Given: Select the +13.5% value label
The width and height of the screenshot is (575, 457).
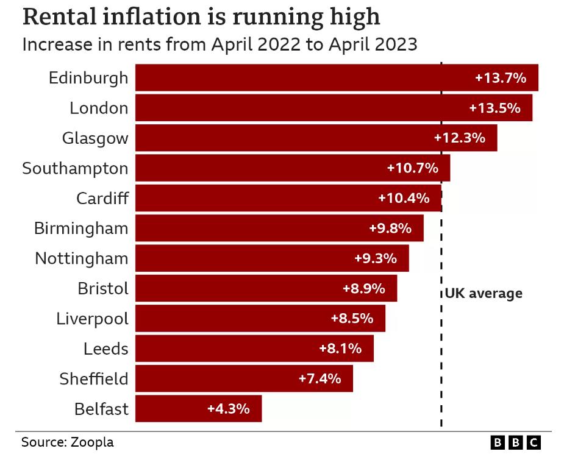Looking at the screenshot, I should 495,108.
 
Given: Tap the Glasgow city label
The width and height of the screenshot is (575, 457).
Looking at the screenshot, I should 95,138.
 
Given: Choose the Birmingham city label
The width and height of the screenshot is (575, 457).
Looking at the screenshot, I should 81,228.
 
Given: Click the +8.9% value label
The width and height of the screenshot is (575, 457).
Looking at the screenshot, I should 363,288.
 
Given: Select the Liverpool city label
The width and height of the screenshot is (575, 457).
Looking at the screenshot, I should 92,319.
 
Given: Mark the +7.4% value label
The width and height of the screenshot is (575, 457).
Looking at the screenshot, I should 320,378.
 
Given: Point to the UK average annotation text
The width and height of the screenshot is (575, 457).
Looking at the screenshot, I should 484,294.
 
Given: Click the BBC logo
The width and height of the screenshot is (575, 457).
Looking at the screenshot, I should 515,443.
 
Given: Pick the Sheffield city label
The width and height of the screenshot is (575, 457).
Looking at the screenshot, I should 94,378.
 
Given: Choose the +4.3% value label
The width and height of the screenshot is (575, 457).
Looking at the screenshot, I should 228,409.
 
